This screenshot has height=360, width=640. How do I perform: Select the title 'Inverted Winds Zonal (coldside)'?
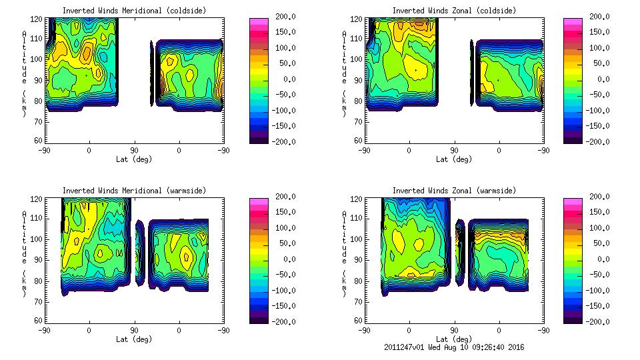[x=453, y=11]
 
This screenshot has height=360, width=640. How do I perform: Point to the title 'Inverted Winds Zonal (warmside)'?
[x=453, y=191]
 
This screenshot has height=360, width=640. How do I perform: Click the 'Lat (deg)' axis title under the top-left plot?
[x=133, y=159]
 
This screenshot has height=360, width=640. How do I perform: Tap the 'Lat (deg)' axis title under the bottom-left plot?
[x=133, y=339]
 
